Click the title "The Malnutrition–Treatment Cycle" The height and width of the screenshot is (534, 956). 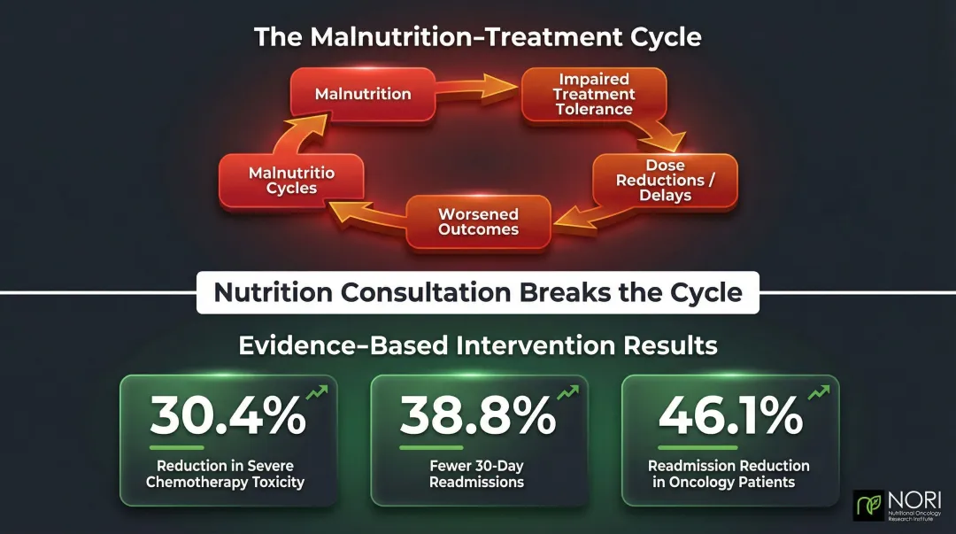coord(477,37)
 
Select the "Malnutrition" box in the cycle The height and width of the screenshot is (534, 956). coord(363,93)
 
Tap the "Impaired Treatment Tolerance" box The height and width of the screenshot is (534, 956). coord(594,95)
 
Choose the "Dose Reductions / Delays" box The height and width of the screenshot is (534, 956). coord(665,181)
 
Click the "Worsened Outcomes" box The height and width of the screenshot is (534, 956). coord(478,221)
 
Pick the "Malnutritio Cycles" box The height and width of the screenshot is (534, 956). coord(290,181)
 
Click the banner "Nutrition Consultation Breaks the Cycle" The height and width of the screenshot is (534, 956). coord(478,292)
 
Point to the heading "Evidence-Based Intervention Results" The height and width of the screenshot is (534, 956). coord(478,344)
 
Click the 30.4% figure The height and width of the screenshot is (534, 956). coord(227,415)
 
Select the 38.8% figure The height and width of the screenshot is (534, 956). coord(478,415)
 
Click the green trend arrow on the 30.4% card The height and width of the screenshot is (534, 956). coord(317,393)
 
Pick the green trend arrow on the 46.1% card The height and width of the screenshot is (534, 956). coord(819,393)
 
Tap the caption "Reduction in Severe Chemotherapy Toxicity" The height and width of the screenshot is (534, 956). coord(225,474)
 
